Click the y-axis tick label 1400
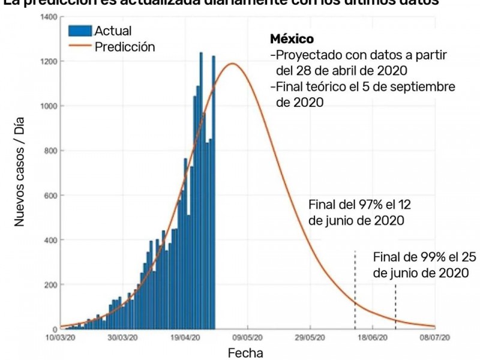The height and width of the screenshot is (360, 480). (49, 17)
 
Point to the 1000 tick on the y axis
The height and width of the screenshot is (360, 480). (49, 106)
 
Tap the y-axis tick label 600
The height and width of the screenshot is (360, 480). (50, 196)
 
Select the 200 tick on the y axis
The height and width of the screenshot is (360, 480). (50, 284)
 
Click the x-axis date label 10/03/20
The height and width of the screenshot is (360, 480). (61, 338)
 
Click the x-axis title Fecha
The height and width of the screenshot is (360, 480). (245, 353)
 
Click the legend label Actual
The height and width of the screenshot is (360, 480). (113, 31)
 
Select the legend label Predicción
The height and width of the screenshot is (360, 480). (125, 47)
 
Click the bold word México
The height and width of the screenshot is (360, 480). (292, 40)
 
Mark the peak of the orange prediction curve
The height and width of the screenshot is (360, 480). (233, 64)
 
